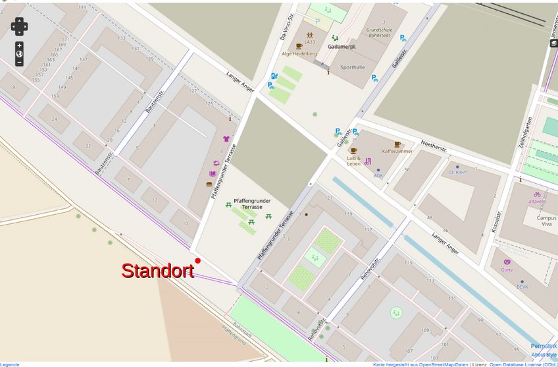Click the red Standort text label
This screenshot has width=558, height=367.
pyautogui.click(x=157, y=271)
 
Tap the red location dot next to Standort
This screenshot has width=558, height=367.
pyautogui.click(x=197, y=261)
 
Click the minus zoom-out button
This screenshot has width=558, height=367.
pyautogui.click(x=19, y=63)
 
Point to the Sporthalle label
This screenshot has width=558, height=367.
pyautogui.click(x=352, y=67)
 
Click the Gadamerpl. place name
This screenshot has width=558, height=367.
pyautogui.click(x=342, y=47)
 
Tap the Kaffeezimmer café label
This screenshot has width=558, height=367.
pyautogui.click(x=397, y=151)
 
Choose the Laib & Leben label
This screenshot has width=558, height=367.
pyautogui.click(x=354, y=161)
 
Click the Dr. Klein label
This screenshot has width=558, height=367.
pyautogui.click(x=457, y=172)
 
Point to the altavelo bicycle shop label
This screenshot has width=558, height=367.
pyautogui.click(x=536, y=201)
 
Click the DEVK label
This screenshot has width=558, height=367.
pyautogui.click(x=522, y=287)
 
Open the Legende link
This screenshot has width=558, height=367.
pyautogui.click(x=10, y=364)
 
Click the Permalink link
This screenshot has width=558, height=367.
pyautogui.click(x=544, y=346)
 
